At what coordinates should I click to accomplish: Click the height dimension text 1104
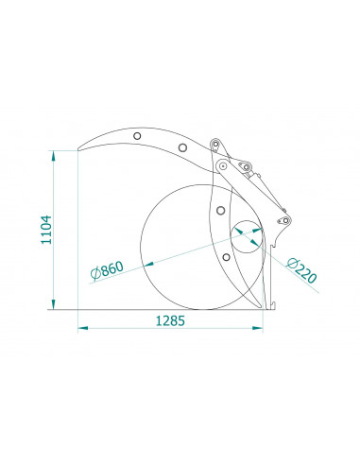point(46,230)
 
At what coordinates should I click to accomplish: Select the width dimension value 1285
point(167,321)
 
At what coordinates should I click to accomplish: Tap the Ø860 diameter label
point(107,270)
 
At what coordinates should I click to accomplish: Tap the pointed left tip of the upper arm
point(78,147)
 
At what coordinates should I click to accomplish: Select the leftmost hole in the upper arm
point(138,136)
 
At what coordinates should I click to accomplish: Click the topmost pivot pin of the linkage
point(216,144)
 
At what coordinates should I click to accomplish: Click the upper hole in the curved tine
point(220,209)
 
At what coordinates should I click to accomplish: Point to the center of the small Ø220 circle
point(249,233)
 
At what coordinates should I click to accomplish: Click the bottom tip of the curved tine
point(260,306)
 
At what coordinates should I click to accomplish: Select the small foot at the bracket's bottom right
point(271,305)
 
